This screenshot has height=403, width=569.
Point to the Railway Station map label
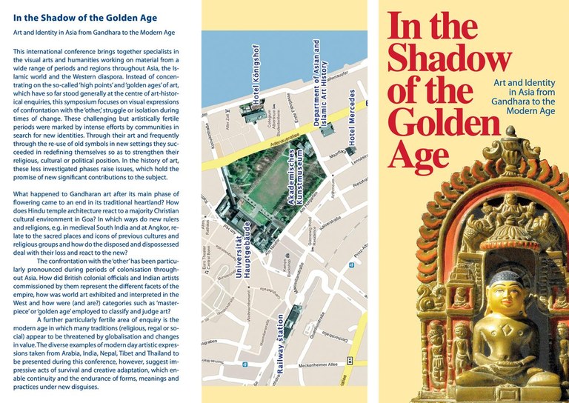coord(280,349)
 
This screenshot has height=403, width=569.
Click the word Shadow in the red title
coord(449,59)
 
